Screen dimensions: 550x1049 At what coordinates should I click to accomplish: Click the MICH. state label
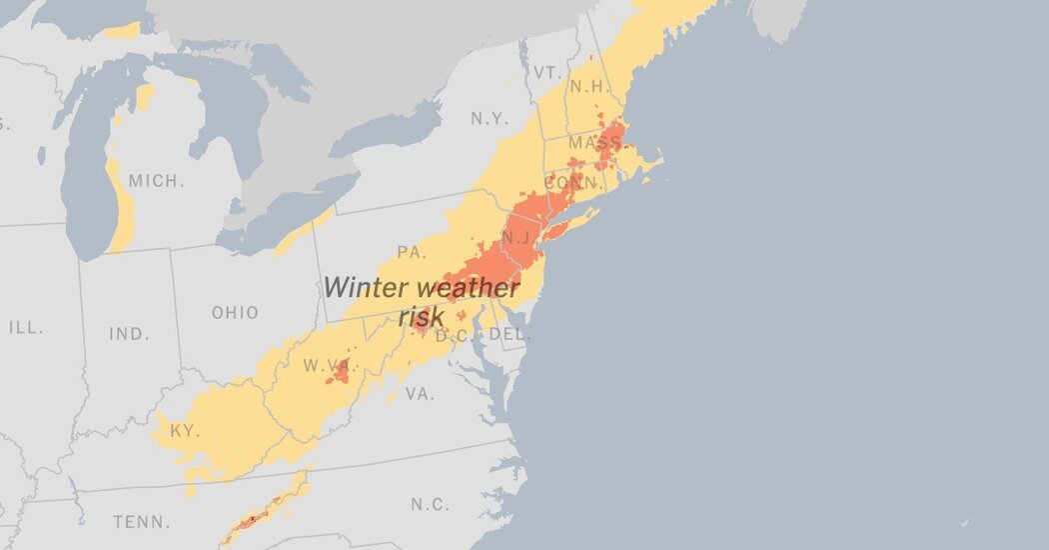157,181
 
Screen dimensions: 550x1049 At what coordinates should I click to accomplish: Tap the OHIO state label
235,313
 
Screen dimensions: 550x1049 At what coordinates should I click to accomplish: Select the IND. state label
130,334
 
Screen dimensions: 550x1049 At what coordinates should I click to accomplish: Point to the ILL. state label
26,327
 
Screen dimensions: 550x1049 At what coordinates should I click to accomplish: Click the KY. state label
185,431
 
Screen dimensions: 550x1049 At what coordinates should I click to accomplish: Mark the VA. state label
420,394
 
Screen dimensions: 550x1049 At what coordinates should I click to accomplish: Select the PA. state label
412,251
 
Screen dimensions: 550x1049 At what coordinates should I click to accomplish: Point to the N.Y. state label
491,118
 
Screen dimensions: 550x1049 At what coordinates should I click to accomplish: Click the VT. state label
546,73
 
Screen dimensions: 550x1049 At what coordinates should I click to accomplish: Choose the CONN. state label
574,183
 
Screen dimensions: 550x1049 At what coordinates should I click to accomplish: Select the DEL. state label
511,335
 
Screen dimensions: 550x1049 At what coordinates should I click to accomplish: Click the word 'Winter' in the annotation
367,288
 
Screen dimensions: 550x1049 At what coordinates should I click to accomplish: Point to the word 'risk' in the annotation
421,317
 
